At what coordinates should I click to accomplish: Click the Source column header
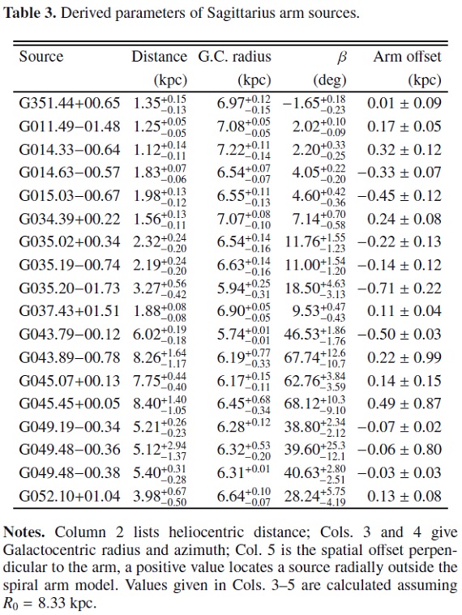41,57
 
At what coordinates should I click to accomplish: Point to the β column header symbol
341,58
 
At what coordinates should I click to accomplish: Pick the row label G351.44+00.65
70,103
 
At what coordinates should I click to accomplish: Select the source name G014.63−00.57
70,173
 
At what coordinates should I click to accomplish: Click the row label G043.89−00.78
70,357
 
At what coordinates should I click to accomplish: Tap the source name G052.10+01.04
70,497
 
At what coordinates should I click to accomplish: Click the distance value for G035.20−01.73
160,288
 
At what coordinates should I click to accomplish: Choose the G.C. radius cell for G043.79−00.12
244,335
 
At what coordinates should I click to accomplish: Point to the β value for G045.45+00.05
315,404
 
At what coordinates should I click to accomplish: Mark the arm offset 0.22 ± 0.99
404,357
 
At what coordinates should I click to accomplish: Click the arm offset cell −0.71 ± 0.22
400,288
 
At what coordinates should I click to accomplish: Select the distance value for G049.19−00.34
160,427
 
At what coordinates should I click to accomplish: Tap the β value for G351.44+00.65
314,103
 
